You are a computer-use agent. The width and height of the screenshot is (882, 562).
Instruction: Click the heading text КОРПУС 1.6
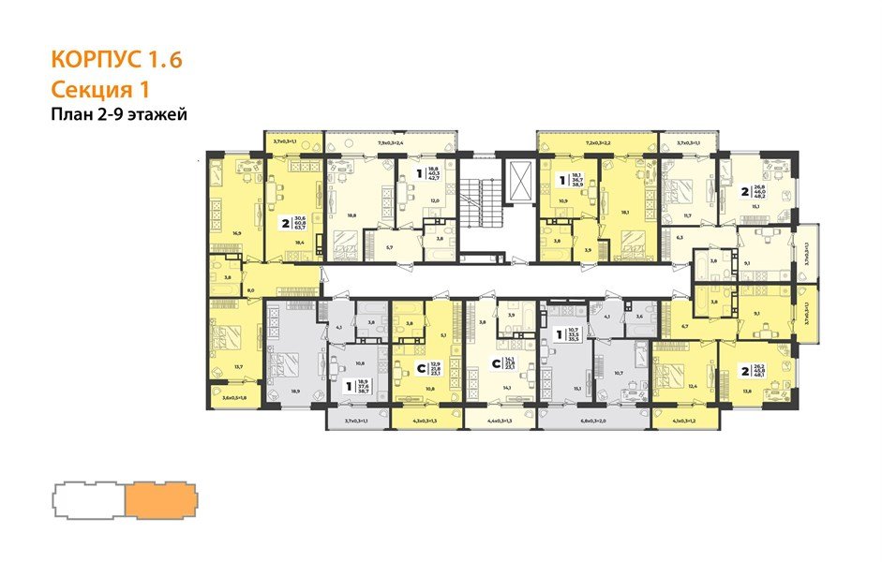(115, 61)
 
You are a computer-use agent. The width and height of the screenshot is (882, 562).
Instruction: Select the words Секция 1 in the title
(100, 90)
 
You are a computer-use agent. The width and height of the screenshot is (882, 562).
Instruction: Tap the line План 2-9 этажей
(119, 115)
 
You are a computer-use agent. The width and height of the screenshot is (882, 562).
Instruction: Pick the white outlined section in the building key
(86, 498)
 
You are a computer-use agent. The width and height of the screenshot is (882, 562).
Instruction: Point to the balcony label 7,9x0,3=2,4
(390, 144)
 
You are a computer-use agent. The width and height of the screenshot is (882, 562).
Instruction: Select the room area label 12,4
(692, 386)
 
